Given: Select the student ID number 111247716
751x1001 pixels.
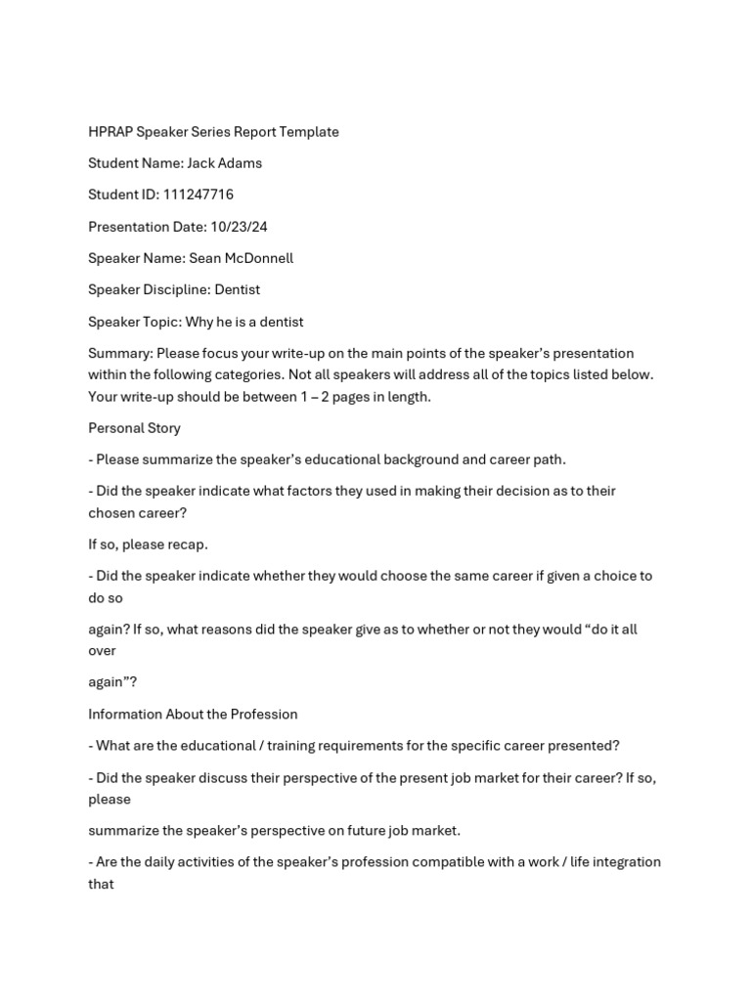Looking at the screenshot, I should (199, 195).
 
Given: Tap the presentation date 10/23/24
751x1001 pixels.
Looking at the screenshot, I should (239, 227).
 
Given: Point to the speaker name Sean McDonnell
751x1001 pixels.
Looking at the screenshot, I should (241, 258).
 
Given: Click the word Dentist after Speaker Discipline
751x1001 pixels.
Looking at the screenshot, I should (238, 289).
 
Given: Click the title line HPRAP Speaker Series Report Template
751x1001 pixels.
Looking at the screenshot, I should (213, 132).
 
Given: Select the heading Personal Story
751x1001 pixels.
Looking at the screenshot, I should (134, 428).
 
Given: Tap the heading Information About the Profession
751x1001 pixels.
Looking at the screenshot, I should (193, 714).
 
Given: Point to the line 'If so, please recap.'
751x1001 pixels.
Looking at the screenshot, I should (148, 544).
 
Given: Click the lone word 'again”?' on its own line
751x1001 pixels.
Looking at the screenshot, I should (112, 682).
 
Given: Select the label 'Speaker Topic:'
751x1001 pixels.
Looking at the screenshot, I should (135, 322).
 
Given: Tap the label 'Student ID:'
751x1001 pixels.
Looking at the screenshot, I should (123, 195).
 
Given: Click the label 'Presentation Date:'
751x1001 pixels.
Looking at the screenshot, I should (147, 227).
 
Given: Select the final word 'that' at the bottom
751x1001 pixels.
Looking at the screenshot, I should (101, 884).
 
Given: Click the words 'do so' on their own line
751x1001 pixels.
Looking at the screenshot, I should (106, 597).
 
